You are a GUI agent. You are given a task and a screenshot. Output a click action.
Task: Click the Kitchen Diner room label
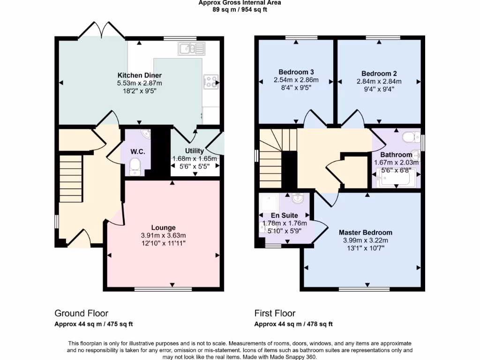(x=139, y=75)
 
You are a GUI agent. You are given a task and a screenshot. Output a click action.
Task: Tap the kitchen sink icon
(x=191, y=48)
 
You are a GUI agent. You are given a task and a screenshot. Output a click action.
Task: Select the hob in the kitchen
(x=210, y=82)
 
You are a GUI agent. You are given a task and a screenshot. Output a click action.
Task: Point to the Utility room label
(x=195, y=151)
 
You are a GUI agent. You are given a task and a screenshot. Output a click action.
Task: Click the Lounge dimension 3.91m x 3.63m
(x=163, y=235)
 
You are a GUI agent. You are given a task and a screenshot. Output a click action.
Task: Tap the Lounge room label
(x=163, y=228)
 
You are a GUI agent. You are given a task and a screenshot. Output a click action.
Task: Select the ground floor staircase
(x=70, y=178)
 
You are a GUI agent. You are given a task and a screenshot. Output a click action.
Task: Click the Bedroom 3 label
(x=296, y=72)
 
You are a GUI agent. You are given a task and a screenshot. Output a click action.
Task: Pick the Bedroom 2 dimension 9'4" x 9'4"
(x=379, y=89)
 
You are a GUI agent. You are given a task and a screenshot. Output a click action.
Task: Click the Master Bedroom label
(x=366, y=232)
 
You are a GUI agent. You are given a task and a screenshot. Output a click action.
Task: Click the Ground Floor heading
(x=82, y=313)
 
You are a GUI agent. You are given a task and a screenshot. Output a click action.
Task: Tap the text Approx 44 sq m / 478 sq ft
(x=293, y=324)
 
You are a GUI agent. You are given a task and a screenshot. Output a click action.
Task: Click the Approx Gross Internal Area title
(x=240, y=2)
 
